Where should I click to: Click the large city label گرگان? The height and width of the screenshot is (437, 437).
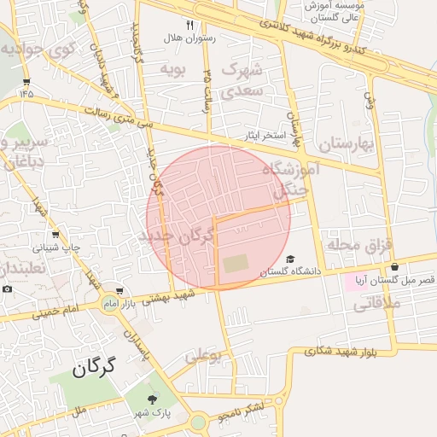click(93, 369)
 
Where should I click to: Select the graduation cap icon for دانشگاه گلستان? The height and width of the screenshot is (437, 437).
click(290, 259)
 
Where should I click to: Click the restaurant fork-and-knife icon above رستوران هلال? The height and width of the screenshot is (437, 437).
click(189, 26)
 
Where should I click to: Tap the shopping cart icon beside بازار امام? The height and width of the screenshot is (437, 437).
click(119, 291)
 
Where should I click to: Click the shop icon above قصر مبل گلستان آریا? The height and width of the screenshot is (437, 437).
click(394, 267)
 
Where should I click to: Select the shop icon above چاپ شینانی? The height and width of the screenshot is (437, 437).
click(55, 234)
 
